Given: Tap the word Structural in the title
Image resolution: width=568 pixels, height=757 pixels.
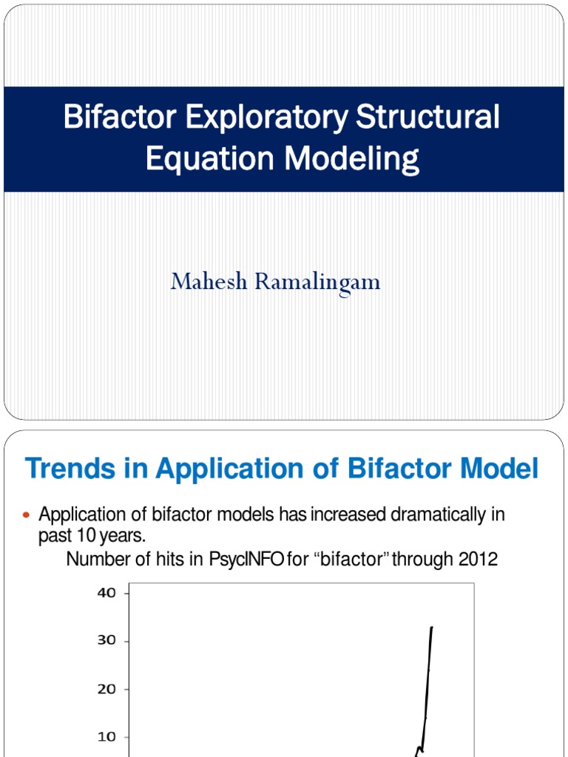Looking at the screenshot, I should point(428,118).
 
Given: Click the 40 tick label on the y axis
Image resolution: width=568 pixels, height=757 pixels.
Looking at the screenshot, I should point(106,593).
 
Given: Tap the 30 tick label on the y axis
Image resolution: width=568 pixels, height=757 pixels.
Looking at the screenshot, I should point(106,641).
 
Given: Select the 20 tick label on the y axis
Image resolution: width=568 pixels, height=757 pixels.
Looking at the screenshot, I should point(106,689).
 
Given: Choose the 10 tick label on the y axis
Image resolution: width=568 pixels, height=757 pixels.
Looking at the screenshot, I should point(106,737).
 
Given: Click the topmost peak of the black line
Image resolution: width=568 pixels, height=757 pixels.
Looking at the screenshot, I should point(431,628).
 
